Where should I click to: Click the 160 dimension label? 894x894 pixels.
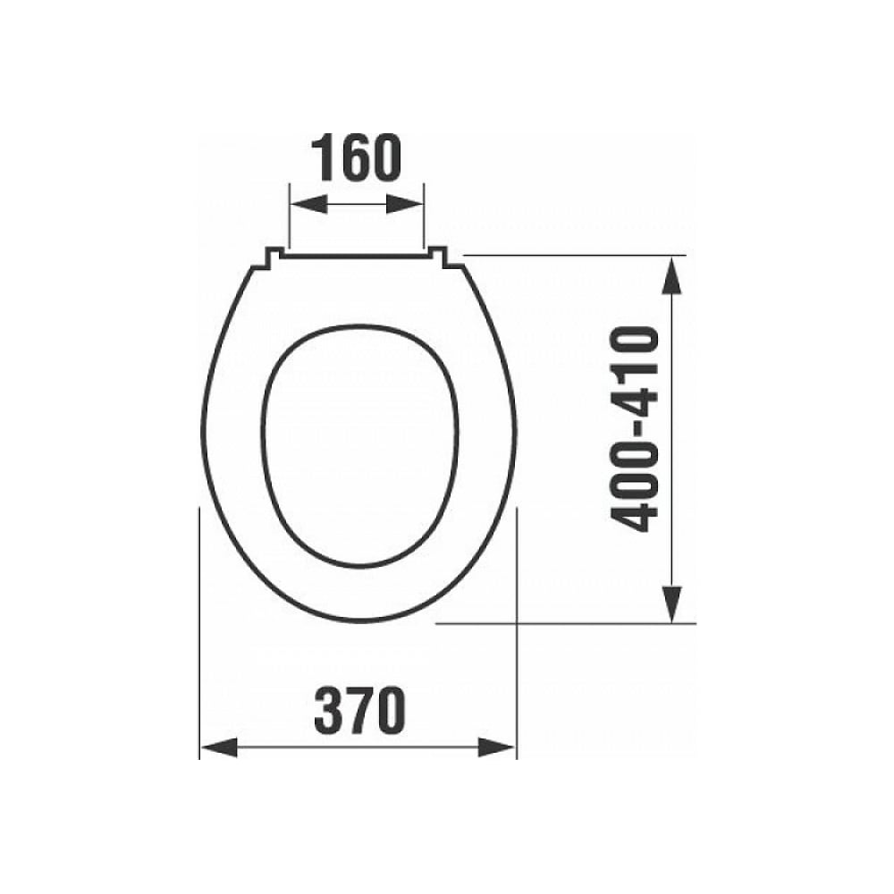coord(357,158)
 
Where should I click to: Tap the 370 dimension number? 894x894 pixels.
coord(359,710)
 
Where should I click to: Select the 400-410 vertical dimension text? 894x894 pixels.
coord(635,430)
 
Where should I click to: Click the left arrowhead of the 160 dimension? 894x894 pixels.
coord(308,204)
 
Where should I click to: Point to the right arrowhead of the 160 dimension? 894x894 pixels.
coord(405,204)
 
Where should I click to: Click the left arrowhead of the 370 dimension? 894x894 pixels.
coord(219,747)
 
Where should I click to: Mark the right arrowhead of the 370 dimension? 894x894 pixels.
coord(496,747)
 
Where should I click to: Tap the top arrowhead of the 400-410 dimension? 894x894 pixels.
coord(673,274)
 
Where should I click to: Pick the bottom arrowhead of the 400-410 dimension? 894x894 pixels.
coord(673,604)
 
